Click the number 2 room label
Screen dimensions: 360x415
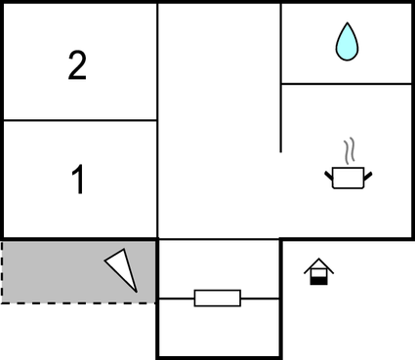point(78,65)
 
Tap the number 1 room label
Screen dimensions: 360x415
point(78,180)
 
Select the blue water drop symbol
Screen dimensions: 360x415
point(346,42)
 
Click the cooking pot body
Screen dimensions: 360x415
point(348,178)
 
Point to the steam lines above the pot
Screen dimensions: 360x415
point(349,152)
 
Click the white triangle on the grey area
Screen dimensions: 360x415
point(124,267)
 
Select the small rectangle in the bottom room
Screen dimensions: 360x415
point(217,298)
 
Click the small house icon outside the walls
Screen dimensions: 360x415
point(317,270)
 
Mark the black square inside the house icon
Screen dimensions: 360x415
point(317,278)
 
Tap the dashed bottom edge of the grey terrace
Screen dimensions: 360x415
point(78,302)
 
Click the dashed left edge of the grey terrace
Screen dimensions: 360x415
point(2,271)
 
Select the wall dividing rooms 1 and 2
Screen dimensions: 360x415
point(78,120)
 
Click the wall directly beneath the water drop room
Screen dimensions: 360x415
point(346,84)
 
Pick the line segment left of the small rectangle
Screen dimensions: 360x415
point(176,298)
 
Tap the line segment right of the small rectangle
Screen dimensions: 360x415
point(260,298)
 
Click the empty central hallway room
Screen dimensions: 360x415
point(219,117)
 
